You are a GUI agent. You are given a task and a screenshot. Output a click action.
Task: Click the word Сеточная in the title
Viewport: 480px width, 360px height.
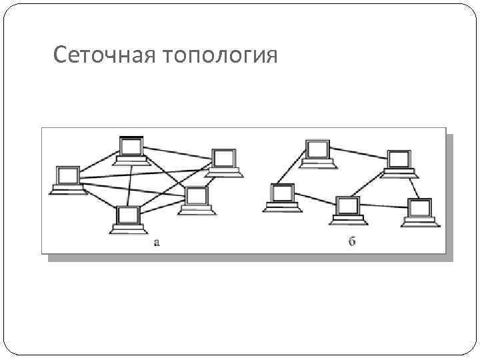tap(103, 55)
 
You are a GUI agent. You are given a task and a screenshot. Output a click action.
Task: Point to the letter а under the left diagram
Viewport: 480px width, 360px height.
tap(157, 242)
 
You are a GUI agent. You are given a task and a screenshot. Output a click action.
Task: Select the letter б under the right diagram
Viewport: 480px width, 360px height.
tap(352, 241)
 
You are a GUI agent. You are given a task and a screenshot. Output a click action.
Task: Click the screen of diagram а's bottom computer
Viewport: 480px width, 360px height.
tap(128, 215)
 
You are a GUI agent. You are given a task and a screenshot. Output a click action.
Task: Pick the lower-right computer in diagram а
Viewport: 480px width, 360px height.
tap(197, 199)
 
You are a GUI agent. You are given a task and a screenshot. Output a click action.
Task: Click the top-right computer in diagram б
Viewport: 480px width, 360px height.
tap(399, 162)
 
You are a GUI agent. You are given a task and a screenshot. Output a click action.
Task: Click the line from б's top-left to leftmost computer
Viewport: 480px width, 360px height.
tap(291, 171)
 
